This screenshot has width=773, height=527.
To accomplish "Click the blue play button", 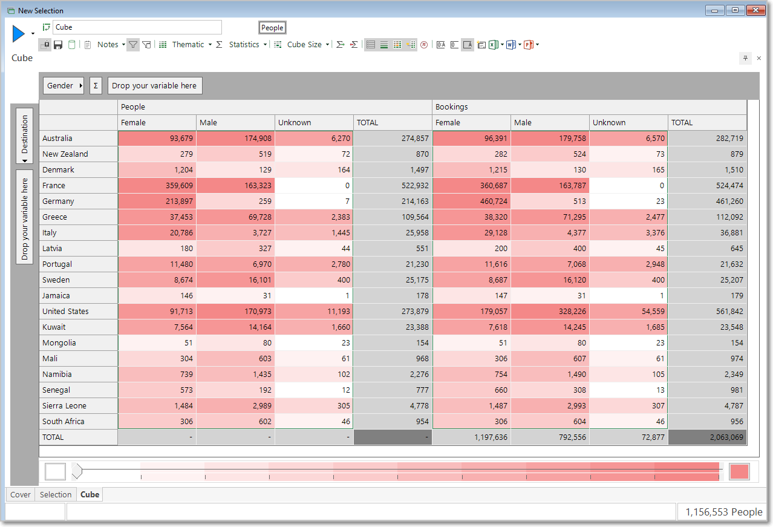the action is [x=18, y=33].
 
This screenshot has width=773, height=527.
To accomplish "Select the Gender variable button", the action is [x=64, y=85].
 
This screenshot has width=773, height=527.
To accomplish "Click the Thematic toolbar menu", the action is [x=188, y=45].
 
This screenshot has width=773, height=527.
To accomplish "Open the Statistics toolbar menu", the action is [x=244, y=45].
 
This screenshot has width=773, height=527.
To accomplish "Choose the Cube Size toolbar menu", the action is [x=304, y=45].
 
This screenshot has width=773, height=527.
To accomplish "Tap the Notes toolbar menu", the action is [x=108, y=45].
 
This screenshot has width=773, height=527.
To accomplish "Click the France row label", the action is [x=54, y=186].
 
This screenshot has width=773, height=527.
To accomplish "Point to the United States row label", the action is [x=65, y=312].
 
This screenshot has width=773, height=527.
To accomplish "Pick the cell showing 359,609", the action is [x=157, y=186].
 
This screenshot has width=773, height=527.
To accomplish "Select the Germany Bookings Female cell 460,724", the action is [x=471, y=201].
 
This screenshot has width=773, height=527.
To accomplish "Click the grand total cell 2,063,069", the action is [x=707, y=437].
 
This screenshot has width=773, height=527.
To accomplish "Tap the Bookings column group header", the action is [x=451, y=107].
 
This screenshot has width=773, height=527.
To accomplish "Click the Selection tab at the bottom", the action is [x=56, y=494].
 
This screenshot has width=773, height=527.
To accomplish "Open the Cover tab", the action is [x=21, y=494].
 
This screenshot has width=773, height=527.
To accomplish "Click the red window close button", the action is [x=755, y=10].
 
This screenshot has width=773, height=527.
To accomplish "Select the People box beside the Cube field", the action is [x=272, y=28].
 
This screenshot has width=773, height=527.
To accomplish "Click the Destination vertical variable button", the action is [x=25, y=136].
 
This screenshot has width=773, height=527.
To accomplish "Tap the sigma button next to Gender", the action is [x=96, y=85].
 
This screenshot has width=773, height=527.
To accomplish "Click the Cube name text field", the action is [x=137, y=27].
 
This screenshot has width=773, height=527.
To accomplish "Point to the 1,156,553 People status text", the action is [x=723, y=512].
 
